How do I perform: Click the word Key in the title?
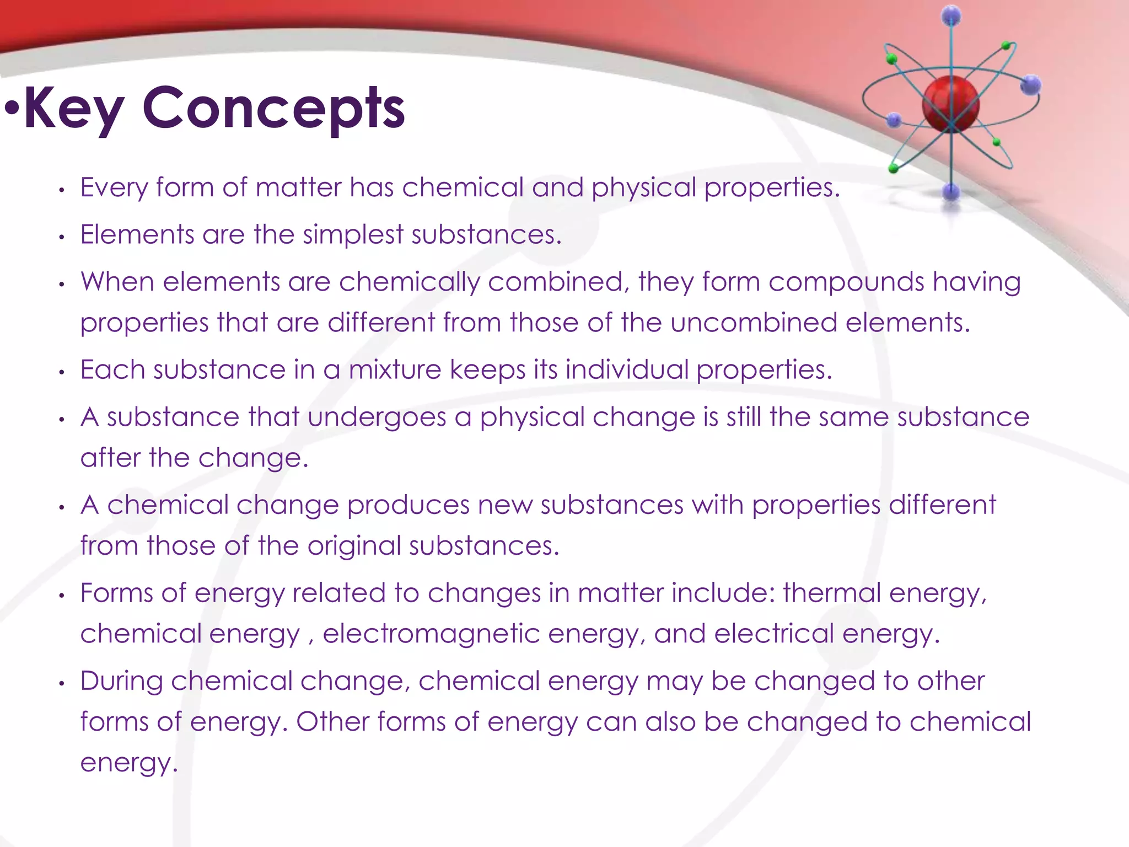tap(74, 109)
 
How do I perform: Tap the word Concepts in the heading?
tap(273, 109)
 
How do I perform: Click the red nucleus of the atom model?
tap(950, 104)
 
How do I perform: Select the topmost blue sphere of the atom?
tap(951, 16)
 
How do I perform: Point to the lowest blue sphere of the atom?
tap(951, 192)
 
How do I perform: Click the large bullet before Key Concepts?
tap(12, 108)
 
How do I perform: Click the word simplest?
tap(353, 235)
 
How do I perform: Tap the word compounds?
tap(846, 282)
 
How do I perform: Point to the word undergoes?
tap(377, 417)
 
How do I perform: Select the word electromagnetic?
tap(431, 634)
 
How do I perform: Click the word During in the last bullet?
tap(121, 681)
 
